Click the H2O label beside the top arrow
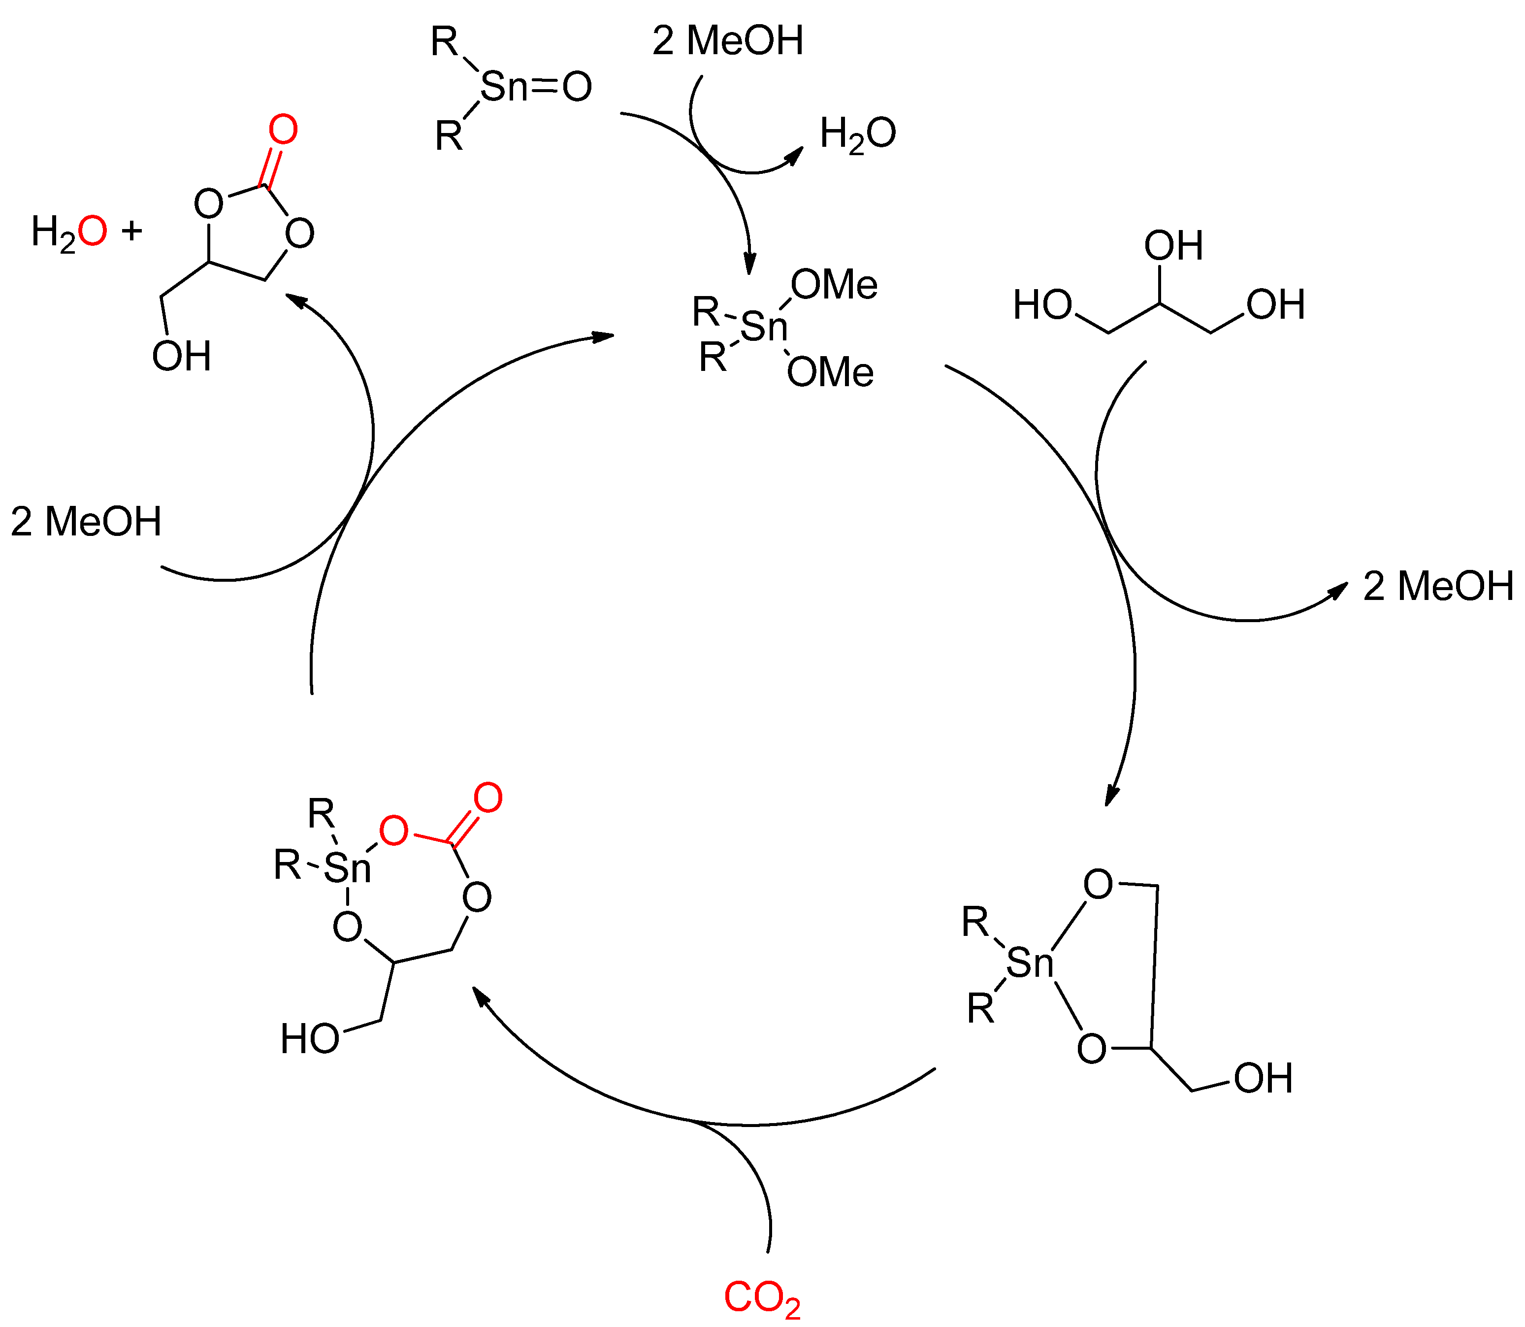(x=857, y=135)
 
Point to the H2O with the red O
(x=68, y=232)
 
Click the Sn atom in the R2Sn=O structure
(x=504, y=87)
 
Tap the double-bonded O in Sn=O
(x=577, y=87)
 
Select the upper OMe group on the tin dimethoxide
(x=834, y=285)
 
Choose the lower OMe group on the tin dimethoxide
(x=830, y=372)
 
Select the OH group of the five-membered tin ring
(x=1263, y=1078)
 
